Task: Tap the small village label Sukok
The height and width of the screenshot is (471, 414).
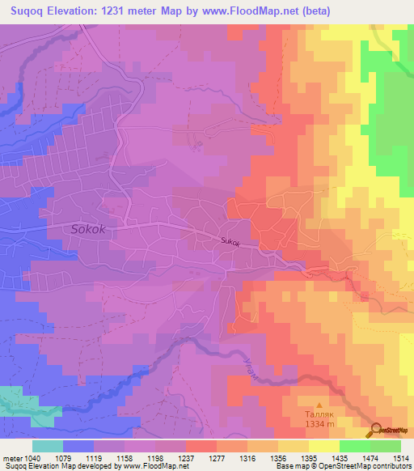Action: pyautogui.click(x=230, y=240)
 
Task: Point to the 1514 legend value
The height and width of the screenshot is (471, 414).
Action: pyautogui.click(x=401, y=458)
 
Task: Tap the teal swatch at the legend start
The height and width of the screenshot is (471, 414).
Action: pyautogui.click(x=48, y=446)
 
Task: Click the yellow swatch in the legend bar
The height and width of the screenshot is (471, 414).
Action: pyautogui.click(x=323, y=446)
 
